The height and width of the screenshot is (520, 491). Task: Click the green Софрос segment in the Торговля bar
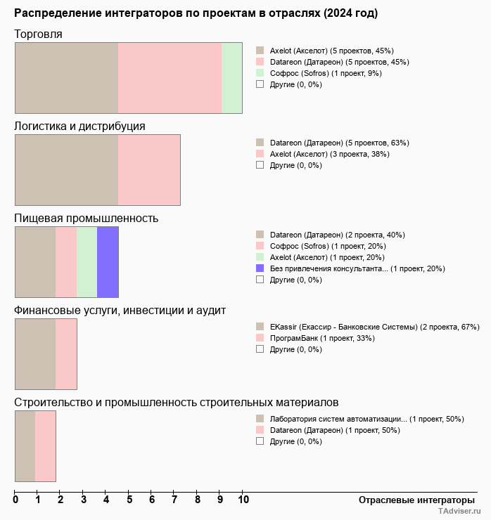pyautogui.click(x=232, y=77)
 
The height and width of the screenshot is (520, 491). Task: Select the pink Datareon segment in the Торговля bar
pyautogui.click(x=170, y=77)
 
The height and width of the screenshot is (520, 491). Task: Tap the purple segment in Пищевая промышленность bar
pyautogui.click(x=108, y=262)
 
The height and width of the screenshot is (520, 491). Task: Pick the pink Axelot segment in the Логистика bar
pyautogui.click(x=149, y=169)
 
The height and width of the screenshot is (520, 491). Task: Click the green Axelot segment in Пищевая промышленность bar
pyautogui.click(x=87, y=262)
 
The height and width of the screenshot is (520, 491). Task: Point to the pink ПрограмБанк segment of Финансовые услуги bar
pyautogui.click(x=66, y=354)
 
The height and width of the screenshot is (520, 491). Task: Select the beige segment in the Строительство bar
pyautogui.click(x=25, y=446)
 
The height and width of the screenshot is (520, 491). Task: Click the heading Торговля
pyautogui.click(x=39, y=34)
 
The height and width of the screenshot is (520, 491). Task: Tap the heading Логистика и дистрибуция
pyautogui.click(x=80, y=126)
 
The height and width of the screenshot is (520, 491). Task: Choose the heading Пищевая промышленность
pyautogui.click(x=87, y=218)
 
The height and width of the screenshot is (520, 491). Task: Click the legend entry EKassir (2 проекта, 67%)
pyautogui.click(x=374, y=327)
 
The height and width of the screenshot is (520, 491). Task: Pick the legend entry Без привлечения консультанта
pyautogui.click(x=357, y=268)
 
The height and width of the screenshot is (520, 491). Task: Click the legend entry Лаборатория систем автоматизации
pyautogui.click(x=366, y=419)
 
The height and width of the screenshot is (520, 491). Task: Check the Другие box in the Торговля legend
pyautogui.click(x=260, y=84)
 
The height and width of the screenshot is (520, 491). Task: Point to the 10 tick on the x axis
pyautogui.click(x=243, y=500)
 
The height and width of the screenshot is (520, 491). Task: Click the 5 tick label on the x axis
pyautogui.click(x=129, y=500)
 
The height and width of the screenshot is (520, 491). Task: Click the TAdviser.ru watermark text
pyautogui.click(x=459, y=512)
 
